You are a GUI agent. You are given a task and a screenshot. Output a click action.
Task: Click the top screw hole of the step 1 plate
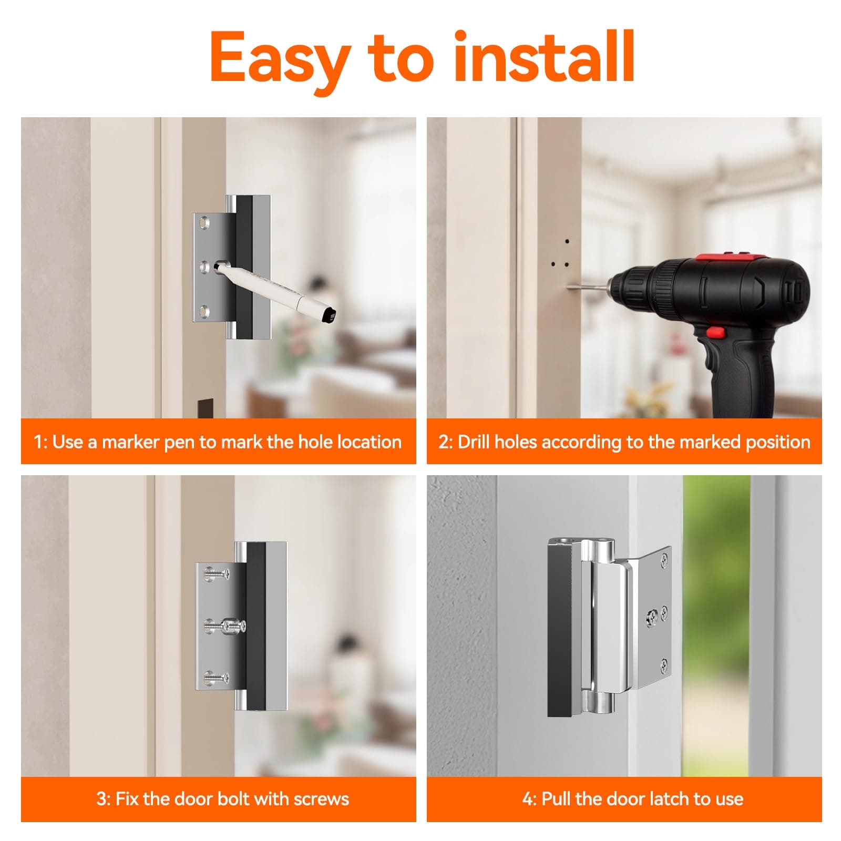point(205,224)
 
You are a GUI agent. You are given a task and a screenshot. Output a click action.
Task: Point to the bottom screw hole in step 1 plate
point(205,311)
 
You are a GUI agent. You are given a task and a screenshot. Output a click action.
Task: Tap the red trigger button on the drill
point(714,332)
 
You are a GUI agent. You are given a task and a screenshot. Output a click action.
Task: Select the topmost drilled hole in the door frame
point(567,242)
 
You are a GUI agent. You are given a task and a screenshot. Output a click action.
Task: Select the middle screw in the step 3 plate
point(231,625)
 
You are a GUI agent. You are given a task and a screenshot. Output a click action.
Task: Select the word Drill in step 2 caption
point(474,442)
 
